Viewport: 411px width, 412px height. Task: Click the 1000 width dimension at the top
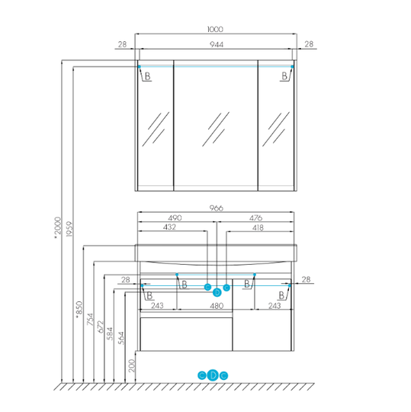[x=215, y=29]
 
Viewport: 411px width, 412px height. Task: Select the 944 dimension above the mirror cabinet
[x=217, y=44]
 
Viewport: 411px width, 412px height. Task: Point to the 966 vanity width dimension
[x=216, y=208]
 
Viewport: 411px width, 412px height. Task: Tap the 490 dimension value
[x=175, y=217]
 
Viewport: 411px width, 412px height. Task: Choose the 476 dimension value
[x=255, y=217]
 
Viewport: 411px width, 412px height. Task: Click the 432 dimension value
[x=169, y=227]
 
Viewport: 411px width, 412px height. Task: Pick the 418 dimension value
[x=258, y=227]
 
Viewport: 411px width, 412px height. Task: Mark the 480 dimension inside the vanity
[x=217, y=306]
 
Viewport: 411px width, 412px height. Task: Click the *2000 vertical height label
[x=57, y=228]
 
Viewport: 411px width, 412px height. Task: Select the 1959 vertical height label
[x=69, y=229]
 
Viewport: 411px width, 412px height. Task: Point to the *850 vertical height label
[x=79, y=310]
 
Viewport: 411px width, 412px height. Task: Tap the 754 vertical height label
[x=90, y=319]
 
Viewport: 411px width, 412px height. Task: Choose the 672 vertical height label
[x=101, y=327]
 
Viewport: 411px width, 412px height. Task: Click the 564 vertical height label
[x=120, y=338]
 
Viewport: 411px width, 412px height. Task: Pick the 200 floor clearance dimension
[x=132, y=365]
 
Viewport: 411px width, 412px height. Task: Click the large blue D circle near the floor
[x=213, y=375]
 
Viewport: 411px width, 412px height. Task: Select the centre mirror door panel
[x=216, y=126]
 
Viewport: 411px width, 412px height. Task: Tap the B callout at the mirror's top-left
[x=147, y=76]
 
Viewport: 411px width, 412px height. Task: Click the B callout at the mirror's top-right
[x=284, y=76]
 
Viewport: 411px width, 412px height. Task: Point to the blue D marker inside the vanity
[x=217, y=292]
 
